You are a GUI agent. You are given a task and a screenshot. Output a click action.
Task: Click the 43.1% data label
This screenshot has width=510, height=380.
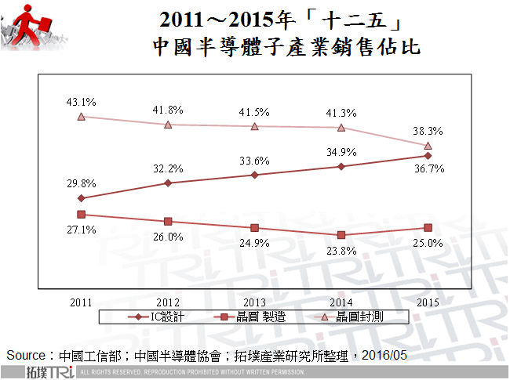(81, 102)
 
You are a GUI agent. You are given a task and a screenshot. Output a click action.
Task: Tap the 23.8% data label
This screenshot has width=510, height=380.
(344, 251)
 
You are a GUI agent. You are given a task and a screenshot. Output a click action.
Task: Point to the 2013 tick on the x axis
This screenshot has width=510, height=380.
(255, 302)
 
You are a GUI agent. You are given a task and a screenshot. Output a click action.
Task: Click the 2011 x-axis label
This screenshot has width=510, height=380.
(81, 302)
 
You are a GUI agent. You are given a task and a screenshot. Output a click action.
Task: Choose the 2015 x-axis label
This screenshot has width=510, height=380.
(428, 302)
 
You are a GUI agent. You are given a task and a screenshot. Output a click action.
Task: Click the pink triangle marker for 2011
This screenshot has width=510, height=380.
(81, 117)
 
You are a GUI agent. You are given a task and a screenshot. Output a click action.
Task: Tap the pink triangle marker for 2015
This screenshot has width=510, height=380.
(428, 146)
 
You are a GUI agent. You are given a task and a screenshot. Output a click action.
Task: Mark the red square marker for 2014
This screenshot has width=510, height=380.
(341, 235)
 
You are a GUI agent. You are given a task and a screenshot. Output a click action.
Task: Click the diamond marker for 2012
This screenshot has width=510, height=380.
(168, 183)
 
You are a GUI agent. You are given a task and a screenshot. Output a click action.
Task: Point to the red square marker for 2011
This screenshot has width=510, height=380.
(81, 214)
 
